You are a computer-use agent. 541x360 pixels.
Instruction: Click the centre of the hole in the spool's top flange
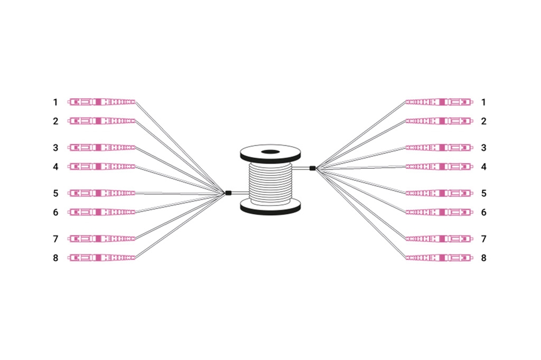click(270, 151)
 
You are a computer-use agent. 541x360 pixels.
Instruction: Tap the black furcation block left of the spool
click(228, 193)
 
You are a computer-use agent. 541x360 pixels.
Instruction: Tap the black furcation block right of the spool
click(313, 168)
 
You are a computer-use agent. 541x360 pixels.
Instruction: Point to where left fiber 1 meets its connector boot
click(135, 102)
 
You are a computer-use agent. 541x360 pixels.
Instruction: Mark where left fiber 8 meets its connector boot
click(135, 257)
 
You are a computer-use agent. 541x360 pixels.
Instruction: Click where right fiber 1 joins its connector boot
click(406, 102)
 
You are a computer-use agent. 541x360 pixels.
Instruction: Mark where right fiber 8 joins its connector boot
click(406, 258)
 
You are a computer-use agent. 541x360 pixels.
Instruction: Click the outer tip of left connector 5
click(68, 193)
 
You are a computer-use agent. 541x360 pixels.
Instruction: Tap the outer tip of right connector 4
click(473, 167)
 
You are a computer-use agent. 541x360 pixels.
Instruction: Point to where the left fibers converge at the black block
click(225, 193)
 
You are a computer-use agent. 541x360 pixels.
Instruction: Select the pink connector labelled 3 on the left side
click(101, 148)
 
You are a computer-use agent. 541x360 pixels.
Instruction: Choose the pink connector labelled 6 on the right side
click(439, 212)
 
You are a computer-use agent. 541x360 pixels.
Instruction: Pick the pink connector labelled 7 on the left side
click(101, 239)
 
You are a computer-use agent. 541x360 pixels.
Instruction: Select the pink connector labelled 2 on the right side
click(439, 121)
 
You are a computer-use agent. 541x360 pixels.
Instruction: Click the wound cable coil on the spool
click(270, 183)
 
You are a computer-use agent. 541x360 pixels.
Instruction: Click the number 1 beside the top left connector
click(55, 102)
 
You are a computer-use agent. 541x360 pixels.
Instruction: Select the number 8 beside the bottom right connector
click(484, 258)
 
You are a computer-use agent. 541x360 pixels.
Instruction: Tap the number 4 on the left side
click(55, 167)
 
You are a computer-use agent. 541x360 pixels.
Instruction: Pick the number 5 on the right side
click(484, 193)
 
